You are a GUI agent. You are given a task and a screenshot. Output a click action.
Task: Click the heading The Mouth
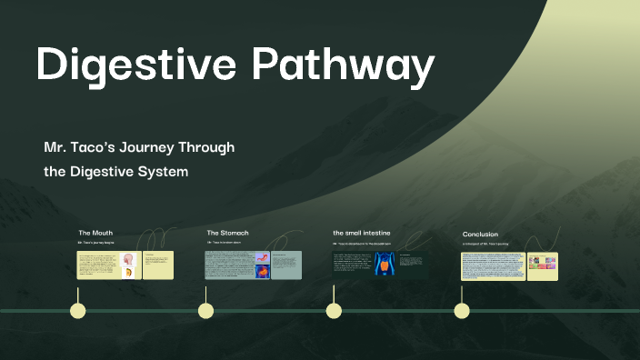click(x=95, y=233)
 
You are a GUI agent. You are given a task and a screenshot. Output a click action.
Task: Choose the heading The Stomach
click(x=227, y=233)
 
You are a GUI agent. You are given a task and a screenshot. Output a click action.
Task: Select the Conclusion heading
click(x=480, y=234)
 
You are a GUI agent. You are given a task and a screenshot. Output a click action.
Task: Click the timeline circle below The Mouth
click(x=78, y=311)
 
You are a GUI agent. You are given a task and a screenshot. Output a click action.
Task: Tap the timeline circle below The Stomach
click(x=206, y=311)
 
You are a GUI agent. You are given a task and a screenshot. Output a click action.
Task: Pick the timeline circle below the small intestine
click(x=334, y=311)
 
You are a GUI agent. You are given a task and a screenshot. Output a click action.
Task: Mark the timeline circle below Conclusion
click(x=462, y=311)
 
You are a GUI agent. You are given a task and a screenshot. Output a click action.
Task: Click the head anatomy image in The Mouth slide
click(x=128, y=265)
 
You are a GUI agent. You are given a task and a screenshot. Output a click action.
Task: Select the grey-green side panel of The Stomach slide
click(x=286, y=265)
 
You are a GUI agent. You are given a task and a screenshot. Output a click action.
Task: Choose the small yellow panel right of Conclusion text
click(x=543, y=265)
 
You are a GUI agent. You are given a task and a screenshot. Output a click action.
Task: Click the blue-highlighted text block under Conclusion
click(x=493, y=265)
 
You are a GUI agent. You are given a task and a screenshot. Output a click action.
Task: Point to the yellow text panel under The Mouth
click(x=97, y=265)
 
